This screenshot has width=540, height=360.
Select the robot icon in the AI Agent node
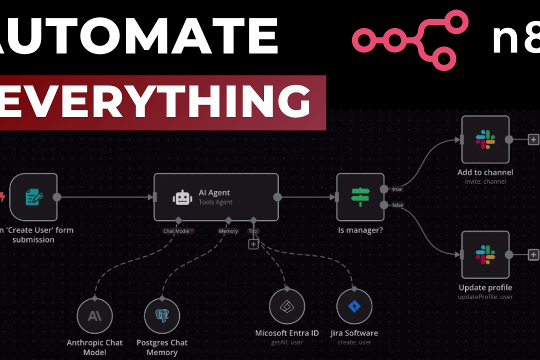(182, 198)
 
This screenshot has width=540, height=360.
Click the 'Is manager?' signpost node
(360, 197)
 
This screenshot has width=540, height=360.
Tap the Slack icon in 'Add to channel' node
(485, 139)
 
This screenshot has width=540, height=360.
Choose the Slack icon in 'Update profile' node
(485, 254)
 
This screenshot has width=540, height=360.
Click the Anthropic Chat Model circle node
(94, 316)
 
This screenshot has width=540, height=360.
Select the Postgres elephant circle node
(162, 316)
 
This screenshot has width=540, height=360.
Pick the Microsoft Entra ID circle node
(287, 306)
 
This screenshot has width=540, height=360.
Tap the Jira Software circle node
(354, 306)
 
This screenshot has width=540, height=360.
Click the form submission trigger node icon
(33, 197)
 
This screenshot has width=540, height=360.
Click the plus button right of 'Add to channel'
(533, 139)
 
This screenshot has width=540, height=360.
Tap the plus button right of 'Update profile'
(533, 254)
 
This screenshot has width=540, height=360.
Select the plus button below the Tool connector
(253, 244)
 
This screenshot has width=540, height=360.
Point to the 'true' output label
(396, 189)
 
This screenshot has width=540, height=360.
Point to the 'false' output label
(397, 205)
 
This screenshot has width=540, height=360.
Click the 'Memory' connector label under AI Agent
(228, 231)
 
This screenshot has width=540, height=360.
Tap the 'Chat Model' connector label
(177, 231)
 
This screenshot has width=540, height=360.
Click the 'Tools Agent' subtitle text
(215, 202)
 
